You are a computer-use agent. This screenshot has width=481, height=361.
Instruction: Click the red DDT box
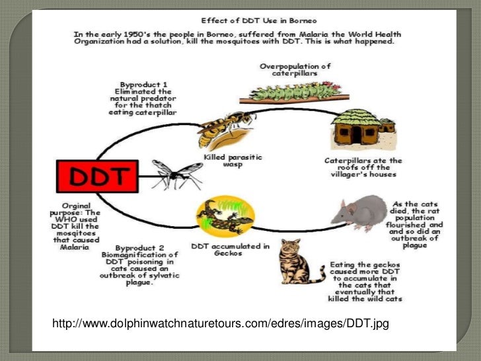click(100, 177)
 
